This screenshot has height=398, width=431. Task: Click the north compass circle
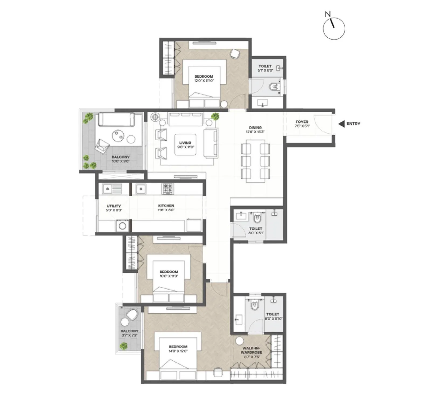coord(334,29)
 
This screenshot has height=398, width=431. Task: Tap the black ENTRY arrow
coord(341,124)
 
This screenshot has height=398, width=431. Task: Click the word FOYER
coord(302,122)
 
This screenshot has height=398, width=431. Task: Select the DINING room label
coord(255,127)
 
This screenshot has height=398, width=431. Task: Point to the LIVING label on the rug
coord(185,143)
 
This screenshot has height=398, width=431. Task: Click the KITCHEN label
coord(166,206)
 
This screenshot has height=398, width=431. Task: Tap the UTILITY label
coord(113,206)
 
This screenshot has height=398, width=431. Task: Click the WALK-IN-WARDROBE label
coord(251,350)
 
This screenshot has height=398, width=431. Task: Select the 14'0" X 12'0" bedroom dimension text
coord(178,351)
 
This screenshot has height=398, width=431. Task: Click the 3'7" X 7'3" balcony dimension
coord(129,335)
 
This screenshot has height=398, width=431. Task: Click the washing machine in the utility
coord(122,226)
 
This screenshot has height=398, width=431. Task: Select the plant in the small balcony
coord(124,346)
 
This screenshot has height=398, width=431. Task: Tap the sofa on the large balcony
coord(116,119)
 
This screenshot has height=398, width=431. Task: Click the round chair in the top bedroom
coord(235,54)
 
